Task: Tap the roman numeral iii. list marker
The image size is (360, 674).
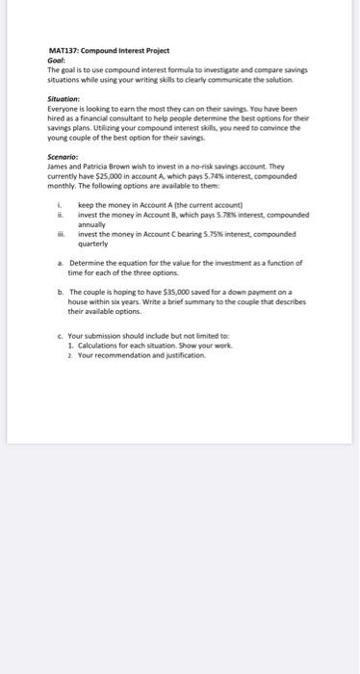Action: pyautogui.click(x=61, y=233)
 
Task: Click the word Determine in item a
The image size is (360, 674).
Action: pyautogui.click(x=87, y=262)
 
